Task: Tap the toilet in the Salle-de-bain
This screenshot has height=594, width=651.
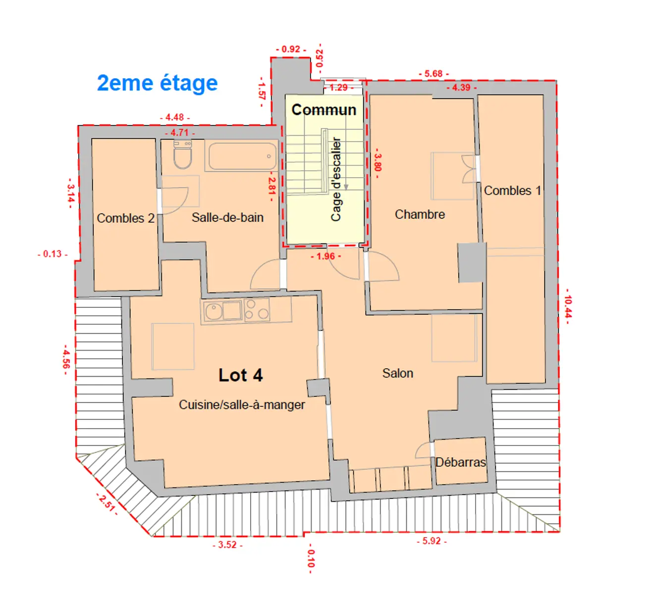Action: [x=182, y=154]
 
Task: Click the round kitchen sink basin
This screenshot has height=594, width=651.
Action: [x=214, y=311]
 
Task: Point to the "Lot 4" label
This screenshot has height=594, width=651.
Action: [x=240, y=375]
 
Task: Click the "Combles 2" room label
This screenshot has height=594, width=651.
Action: [x=125, y=218]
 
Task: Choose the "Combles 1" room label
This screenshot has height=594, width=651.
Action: [x=512, y=191]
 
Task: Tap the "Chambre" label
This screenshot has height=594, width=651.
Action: [x=420, y=214]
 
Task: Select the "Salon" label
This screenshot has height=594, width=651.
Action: [x=397, y=373]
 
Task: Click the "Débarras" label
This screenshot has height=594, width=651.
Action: [x=460, y=462]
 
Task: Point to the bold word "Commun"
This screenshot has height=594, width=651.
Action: [x=324, y=110]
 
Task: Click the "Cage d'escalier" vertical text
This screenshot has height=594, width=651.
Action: [x=336, y=179]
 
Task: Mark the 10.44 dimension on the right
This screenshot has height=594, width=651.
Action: [x=568, y=306]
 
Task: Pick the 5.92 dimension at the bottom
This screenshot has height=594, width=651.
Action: [x=432, y=541]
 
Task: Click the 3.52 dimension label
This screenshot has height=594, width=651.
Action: [x=227, y=544]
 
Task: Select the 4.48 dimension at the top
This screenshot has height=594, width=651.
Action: [x=174, y=117]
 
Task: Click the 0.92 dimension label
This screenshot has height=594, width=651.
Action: [x=291, y=49]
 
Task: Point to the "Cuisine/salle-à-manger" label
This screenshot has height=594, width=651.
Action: [x=242, y=404]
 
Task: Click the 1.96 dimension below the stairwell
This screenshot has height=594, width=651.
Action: [x=325, y=256]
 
